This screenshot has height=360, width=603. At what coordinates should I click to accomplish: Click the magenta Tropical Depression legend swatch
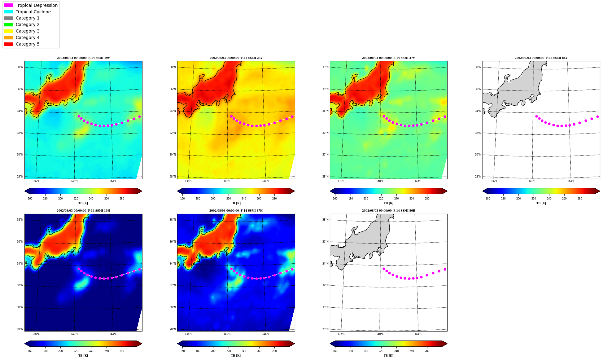(8, 5)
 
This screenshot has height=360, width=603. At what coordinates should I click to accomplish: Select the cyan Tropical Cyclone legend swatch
(8, 12)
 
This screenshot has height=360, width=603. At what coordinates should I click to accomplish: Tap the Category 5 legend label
(28, 44)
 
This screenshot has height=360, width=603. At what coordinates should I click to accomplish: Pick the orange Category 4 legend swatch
(8, 37)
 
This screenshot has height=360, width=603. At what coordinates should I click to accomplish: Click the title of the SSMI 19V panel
(83, 58)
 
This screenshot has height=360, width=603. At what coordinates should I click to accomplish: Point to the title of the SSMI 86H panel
(389, 211)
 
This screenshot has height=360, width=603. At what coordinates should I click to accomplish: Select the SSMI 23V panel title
(236, 58)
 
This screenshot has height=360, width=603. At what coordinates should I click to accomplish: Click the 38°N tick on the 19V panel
(20, 67)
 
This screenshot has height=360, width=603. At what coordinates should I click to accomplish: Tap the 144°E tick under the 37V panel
(418, 181)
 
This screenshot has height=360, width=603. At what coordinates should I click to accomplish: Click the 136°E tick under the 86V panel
(494, 181)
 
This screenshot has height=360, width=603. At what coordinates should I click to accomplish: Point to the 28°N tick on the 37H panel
(173, 329)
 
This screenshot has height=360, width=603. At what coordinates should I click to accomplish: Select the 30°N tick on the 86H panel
(325, 307)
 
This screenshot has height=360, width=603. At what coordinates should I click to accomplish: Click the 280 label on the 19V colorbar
(122, 199)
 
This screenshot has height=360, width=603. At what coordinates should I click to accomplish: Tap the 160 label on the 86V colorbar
(488, 199)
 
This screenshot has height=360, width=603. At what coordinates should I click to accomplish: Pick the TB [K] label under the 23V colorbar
(236, 203)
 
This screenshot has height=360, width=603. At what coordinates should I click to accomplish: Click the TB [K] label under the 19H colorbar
(83, 356)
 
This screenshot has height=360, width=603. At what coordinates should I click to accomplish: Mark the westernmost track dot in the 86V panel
(536, 116)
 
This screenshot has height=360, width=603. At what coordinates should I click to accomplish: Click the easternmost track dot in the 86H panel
(445, 269)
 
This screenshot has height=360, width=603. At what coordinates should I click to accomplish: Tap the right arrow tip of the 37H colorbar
(295, 344)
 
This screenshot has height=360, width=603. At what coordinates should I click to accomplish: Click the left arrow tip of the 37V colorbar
(330, 191)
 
